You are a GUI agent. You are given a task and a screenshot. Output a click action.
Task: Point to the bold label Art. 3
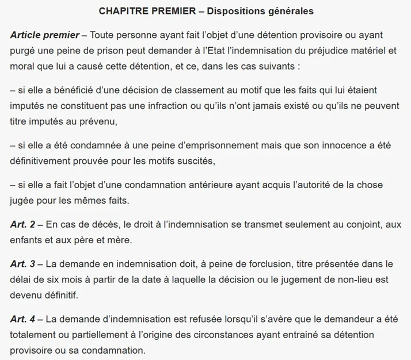(23, 264)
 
